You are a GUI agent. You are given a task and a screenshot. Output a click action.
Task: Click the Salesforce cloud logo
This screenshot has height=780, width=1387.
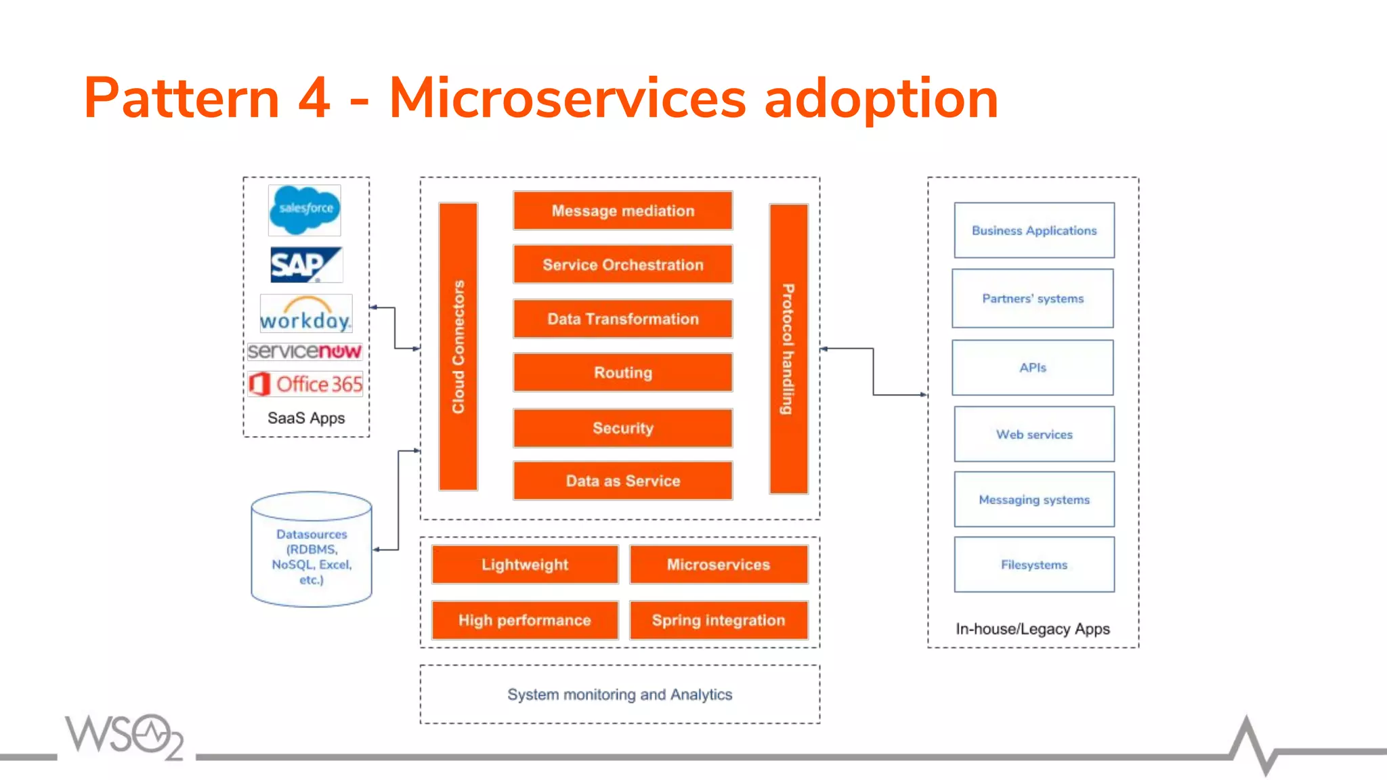tap(305, 209)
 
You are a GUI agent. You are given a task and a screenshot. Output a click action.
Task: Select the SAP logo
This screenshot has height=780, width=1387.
tap(306, 264)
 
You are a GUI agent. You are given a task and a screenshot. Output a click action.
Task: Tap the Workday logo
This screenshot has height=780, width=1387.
tap(306, 314)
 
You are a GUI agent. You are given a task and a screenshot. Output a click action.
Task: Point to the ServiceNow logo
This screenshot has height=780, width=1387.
tap(305, 351)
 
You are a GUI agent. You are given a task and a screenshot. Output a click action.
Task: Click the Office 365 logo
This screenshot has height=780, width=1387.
tap(305, 384)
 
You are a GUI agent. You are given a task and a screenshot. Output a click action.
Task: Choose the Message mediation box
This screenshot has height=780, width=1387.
tap(622, 211)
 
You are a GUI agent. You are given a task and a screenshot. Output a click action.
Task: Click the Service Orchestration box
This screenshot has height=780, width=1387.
tap(622, 265)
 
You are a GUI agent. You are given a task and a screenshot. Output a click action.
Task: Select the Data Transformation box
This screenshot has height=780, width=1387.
tap(622, 319)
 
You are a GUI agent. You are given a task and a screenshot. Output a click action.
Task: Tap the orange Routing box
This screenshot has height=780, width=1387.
tap(622, 372)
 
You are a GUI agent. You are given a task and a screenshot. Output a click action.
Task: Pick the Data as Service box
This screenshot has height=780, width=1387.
tap(622, 481)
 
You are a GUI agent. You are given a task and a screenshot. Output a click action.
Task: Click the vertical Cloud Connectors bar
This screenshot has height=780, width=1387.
tap(458, 347)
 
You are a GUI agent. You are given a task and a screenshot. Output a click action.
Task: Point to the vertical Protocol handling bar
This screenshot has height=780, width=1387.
tap(788, 349)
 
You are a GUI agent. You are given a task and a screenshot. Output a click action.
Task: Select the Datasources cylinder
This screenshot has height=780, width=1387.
tap(312, 550)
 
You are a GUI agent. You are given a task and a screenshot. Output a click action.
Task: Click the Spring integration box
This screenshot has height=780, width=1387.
tap(719, 620)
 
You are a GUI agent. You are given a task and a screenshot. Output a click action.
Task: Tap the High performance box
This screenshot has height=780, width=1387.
tap(525, 620)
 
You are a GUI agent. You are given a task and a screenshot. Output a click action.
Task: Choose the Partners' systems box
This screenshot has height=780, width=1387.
tap(1033, 299)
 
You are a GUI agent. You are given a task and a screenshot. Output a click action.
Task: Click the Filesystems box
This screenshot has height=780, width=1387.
tap(1034, 565)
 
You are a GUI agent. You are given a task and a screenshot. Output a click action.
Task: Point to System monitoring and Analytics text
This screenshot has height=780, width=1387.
tap(620, 695)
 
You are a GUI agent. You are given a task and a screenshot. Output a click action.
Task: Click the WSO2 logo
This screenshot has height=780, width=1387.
tap(125, 736)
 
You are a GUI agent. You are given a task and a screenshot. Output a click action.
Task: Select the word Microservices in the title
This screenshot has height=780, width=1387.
tap(568, 99)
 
